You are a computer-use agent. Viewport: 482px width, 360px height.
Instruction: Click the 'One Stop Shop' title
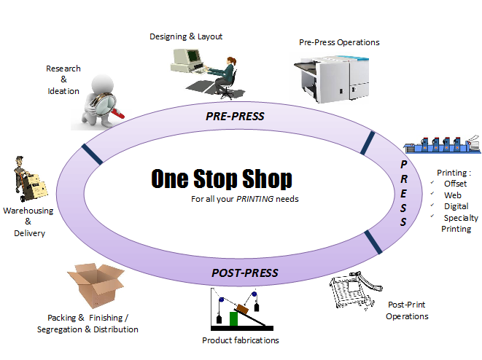click(222, 179)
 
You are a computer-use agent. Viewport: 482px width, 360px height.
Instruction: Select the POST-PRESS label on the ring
click(245, 273)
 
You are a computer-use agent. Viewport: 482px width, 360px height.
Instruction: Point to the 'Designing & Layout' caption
click(186, 36)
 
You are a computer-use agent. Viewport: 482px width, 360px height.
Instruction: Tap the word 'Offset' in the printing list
click(456, 184)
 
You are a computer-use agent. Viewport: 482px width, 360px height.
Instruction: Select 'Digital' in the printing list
click(456, 206)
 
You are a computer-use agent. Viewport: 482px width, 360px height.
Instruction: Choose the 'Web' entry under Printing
click(453, 195)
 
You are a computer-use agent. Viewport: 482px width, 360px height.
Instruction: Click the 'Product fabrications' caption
click(240, 340)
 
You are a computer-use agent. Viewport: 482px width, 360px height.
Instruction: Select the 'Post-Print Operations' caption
click(407, 310)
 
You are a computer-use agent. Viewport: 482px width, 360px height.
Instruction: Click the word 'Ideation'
click(63, 91)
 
